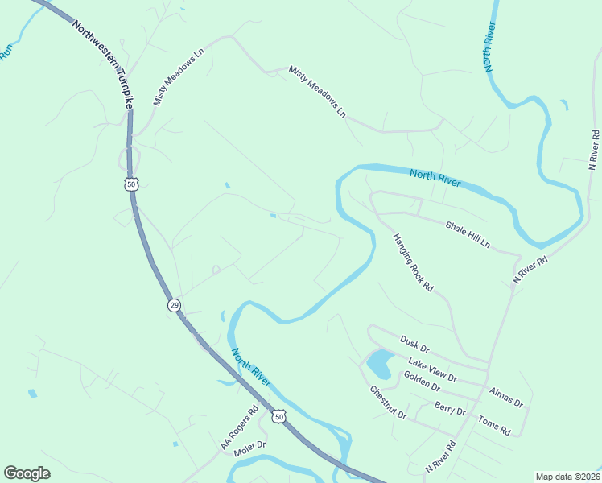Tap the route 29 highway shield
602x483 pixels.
coord(174,305)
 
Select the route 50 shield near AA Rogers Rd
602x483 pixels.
coord(278,415)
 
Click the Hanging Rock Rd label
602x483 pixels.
coord(413,262)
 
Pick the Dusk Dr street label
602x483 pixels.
coord(414,345)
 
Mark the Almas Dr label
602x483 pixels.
coord(506,396)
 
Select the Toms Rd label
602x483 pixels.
coord(494,425)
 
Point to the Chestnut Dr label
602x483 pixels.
coord(388,403)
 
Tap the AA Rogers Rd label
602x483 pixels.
coord(239,427)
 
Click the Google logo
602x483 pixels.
coord(27,473)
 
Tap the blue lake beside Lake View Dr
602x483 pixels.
coord(379,365)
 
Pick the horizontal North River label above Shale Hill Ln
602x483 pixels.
coord(435,178)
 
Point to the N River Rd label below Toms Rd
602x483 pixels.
coord(440,456)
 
